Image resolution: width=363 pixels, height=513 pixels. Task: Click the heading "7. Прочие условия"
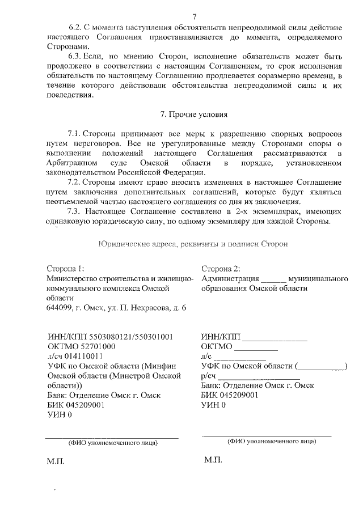194,114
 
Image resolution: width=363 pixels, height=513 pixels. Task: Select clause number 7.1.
75,133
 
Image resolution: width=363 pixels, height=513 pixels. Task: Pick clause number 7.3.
75,211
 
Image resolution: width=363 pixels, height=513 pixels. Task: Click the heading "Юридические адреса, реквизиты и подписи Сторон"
193,244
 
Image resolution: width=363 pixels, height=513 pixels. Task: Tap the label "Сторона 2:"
221,268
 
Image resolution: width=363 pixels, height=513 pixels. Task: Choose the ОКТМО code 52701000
94,346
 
